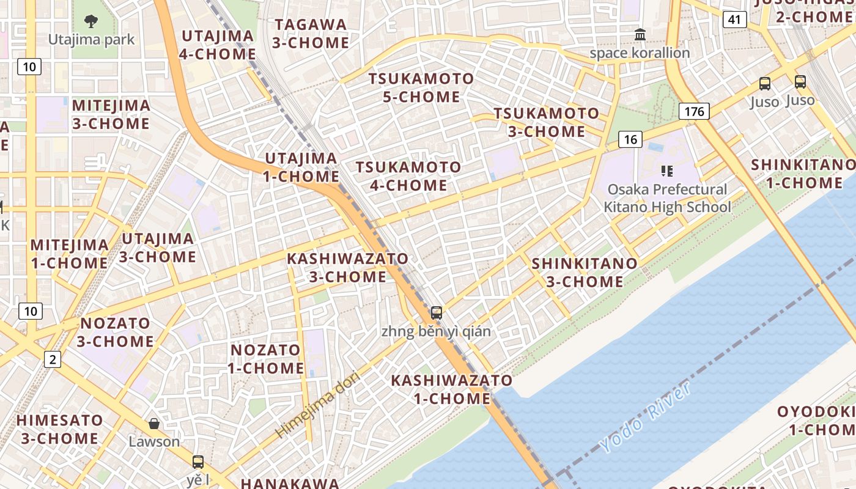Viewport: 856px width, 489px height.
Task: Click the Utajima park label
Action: click(x=91, y=40)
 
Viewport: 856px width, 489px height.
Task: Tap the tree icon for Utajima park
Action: click(x=91, y=22)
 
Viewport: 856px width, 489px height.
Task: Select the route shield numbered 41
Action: click(x=734, y=20)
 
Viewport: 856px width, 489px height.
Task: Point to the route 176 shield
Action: click(x=694, y=111)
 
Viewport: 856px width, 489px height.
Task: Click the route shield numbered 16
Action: click(x=630, y=139)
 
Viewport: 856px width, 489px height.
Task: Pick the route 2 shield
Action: click(x=53, y=359)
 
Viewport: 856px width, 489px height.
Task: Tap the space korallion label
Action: click(x=640, y=53)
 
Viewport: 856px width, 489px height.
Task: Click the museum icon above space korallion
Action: click(x=640, y=34)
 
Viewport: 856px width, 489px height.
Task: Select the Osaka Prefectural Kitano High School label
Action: click(x=667, y=198)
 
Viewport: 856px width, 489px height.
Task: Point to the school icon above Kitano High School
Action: click(x=666, y=171)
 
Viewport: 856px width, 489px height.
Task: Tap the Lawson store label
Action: click(x=154, y=441)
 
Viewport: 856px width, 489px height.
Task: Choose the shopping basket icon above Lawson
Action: click(x=154, y=424)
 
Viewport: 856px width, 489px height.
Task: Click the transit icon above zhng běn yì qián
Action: click(x=436, y=313)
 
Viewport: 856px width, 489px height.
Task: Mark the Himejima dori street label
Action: click(x=317, y=405)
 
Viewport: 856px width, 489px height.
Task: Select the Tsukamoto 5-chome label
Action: click(x=421, y=87)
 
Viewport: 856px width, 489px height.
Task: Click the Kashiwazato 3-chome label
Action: click(x=347, y=268)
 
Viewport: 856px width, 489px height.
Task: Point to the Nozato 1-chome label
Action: click(x=265, y=359)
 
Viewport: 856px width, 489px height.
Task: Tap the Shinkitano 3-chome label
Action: click(x=585, y=273)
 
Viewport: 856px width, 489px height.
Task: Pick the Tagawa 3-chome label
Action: click(x=311, y=34)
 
